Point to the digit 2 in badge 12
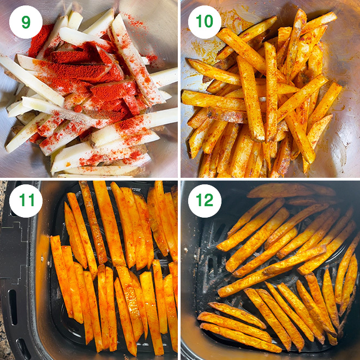point(209,200)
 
